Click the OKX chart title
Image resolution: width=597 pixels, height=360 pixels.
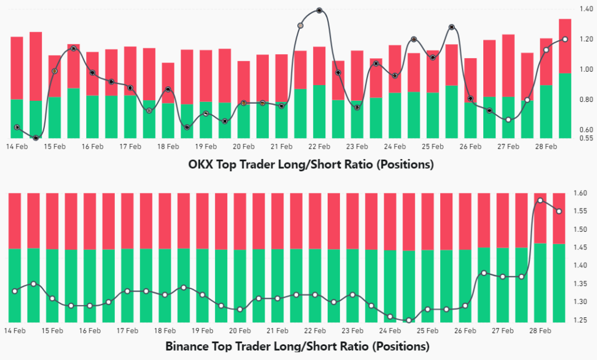(311, 165)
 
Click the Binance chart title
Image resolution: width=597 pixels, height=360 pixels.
(297, 347)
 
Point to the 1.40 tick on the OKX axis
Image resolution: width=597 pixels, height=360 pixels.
(585, 9)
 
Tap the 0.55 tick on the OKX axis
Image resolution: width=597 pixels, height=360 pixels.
(585, 138)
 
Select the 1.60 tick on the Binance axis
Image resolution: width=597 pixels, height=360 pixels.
(585, 193)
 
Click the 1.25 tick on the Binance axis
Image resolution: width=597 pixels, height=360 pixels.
(585, 320)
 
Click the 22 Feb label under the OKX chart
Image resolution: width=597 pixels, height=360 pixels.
(319, 147)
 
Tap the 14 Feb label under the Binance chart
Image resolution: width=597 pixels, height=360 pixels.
(15, 331)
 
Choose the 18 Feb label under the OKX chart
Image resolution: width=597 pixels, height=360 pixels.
(168, 147)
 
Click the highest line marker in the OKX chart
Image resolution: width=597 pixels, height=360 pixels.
(319, 10)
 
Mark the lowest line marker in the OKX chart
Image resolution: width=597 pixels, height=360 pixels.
(36, 138)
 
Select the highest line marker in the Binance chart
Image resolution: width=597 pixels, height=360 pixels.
(540, 200)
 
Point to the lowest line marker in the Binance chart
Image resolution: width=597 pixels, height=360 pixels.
(409, 320)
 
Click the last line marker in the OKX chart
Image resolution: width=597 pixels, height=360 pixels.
(565, 39)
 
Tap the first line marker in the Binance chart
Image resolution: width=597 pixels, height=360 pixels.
(15, 291)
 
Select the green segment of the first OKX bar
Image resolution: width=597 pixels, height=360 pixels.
(17, 119)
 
